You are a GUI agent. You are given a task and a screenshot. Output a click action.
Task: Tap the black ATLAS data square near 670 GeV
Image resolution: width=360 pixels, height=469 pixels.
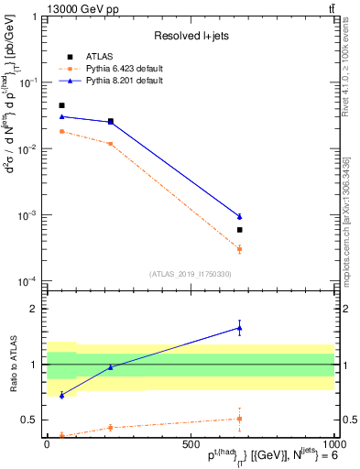[239, 230]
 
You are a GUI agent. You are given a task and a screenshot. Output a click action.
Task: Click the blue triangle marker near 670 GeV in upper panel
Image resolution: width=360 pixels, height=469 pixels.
[239, 216]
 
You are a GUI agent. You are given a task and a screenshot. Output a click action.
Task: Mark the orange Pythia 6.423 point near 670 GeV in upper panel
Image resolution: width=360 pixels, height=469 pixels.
[239, 249]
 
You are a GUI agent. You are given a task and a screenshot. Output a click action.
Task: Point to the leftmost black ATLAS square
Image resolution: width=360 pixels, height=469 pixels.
[61, 105]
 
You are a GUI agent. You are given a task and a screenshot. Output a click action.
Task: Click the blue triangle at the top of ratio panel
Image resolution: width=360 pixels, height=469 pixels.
[239, 328]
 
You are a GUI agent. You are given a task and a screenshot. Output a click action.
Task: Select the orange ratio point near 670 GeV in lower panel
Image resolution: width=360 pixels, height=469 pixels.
[239, 419]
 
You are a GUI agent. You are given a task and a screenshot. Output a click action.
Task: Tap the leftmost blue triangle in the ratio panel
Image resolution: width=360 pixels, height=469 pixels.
[61, 395]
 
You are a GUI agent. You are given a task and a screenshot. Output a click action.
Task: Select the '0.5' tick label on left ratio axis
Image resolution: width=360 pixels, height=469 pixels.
[29, 420]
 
